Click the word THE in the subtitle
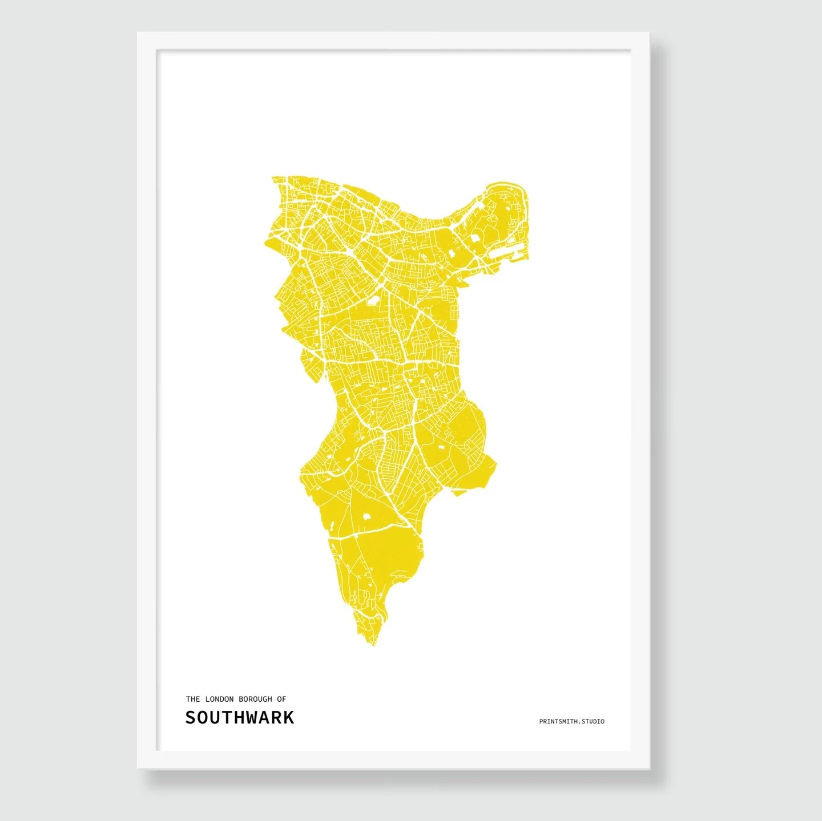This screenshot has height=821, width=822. coord(192,699)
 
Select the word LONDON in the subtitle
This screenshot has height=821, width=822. coord(219,699)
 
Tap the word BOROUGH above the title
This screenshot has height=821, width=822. coord(255,699)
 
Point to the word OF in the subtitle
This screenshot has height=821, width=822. coord(281,699)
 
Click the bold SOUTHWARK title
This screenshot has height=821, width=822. coord(239,718)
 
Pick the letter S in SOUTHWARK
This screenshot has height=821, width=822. coord(191,718)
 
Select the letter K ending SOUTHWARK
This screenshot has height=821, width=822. coord(288,718)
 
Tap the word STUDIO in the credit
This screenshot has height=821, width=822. coord(593,722)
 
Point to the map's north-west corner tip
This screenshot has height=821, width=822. coord(273,178)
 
